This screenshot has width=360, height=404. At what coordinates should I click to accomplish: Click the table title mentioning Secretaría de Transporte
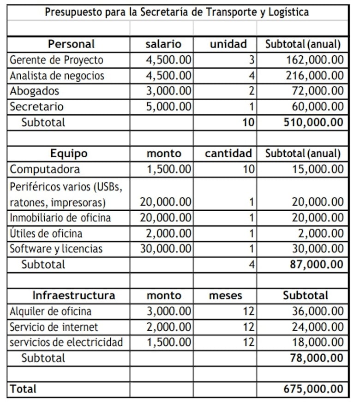(x=177, y=12)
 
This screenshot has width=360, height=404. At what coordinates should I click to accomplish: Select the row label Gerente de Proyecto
(x=56, y=60)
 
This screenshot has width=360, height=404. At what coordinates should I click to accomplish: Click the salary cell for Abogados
(x=168, y=91)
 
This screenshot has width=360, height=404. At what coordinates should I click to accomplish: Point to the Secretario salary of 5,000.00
(x=168, y=107)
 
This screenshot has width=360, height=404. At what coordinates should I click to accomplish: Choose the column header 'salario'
(x=163, y=44)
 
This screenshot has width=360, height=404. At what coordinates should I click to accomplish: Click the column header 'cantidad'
(x=228, y=154)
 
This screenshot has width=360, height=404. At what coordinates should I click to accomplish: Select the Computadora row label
(x=45, y=169)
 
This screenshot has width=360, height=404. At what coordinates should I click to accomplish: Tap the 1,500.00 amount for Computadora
(x=168, y=169)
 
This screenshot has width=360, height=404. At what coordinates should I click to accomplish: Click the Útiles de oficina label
(x=46, y=233)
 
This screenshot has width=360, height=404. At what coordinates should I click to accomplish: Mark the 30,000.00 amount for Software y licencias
(x=166, y=249)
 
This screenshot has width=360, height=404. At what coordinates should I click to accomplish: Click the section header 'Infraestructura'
(x=74, y=296)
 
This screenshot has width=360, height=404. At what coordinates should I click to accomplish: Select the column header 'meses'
(x=225, y=296)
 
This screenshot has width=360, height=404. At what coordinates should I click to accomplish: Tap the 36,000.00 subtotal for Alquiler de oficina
(x=318, y=311)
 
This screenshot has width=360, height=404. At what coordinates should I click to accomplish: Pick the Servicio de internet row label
(x=54, y=327)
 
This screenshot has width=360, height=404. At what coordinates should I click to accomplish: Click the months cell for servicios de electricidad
(x=248, y=343)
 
